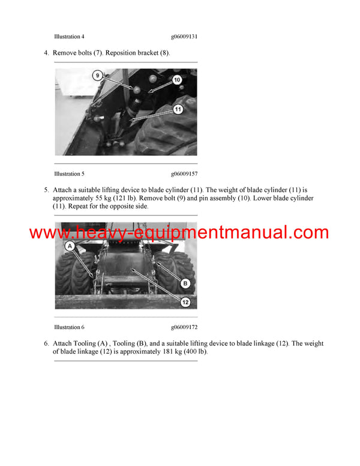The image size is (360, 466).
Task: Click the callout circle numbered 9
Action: [98, 76]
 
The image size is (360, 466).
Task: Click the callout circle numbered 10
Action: [177, 79]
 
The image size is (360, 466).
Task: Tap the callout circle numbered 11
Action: [178, 109]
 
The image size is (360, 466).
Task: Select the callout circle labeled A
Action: [70, 246]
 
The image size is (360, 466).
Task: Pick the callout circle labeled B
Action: [185, 283]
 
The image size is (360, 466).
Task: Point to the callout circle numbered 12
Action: [185, 302]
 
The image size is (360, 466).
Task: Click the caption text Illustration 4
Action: [69, 37]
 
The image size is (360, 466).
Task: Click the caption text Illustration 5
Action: [69, 174]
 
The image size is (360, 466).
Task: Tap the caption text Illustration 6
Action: [69, 327]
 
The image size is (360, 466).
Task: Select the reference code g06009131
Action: [184, 37]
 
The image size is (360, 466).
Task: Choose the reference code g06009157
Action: [184, 174]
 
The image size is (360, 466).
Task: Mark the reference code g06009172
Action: [184, 327]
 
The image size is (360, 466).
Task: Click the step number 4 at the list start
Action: [46, 53]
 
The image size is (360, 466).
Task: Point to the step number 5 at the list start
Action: [46, 190]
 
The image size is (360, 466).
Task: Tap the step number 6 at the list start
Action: [46, 343]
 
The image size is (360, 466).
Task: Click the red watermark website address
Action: [179, 233]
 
